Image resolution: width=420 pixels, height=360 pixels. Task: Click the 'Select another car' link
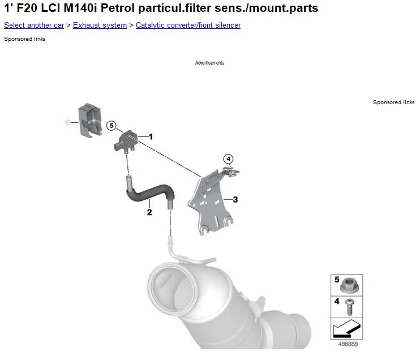point(34,25)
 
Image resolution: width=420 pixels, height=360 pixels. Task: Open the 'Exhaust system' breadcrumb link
point(100,25)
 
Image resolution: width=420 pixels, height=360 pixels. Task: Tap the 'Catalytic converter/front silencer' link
point(188,25)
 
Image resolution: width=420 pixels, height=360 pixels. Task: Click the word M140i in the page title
point(80,8)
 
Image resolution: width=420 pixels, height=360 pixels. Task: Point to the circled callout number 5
point(112,126)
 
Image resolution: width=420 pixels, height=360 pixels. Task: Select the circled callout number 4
point(228,159)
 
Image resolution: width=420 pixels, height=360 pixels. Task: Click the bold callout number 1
point(151,137)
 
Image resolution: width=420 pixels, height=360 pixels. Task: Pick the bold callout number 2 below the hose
point(149,212)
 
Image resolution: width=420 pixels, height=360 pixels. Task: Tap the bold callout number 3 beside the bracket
point(235,200)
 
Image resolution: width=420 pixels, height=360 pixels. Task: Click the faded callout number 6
point(67,122)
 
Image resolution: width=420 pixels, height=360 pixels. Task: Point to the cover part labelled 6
point(90,120)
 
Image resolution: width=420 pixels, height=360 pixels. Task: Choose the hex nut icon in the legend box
point(349,285)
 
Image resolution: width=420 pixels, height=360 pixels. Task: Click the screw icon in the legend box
point(349,307)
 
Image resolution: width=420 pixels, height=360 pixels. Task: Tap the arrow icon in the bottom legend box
point(346,329)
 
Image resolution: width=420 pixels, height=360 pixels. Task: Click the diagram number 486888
point(348,344)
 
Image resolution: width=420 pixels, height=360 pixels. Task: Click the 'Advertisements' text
point(209,63)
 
